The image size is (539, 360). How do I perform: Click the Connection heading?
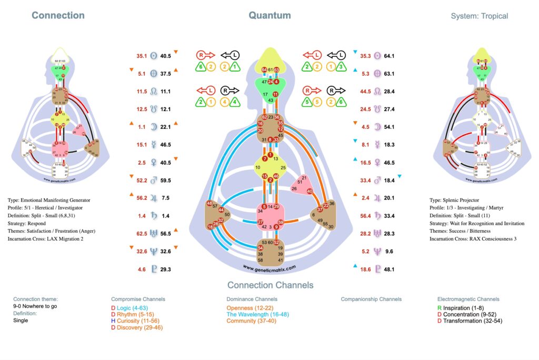pyautogui.click(x=58, y=15)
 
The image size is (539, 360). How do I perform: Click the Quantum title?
pyautogui.click(x=269, y=15)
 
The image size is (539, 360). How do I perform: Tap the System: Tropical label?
pyautogui.click(x=480, y=16)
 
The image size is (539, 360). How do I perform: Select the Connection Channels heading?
pyautogui.click(x=270, y=285)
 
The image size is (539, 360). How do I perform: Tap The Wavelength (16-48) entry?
pyautogui.click(x=258, y=314)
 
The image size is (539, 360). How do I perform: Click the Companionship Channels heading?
pyautogui.click(x=372, y=299)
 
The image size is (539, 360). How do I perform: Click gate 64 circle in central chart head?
pyautogui.click(x=264, y=70)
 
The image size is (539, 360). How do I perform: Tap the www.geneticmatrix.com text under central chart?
pyautogui.click(x=269, y=267)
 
